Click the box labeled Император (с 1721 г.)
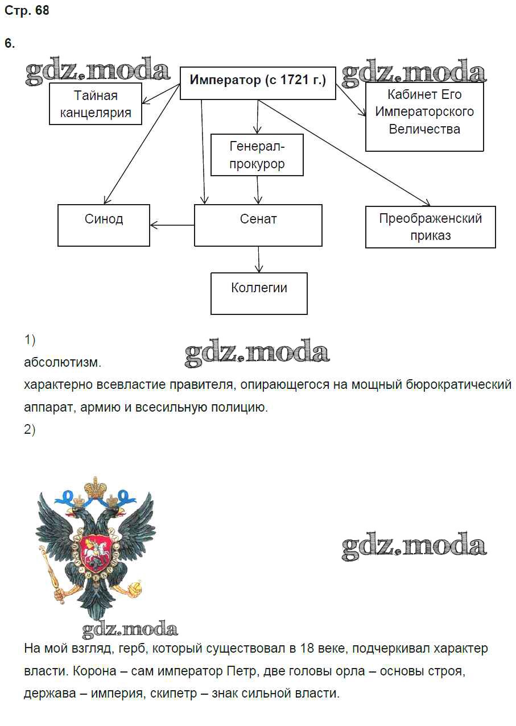(258, 84)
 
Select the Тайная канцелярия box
(94, 104)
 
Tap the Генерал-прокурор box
(257, 155)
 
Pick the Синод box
(104, 225)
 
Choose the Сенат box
(258, 225)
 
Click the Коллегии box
(259, 293)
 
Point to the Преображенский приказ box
(430, 227)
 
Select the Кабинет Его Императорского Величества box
(424, 117)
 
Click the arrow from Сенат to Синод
(172, 225)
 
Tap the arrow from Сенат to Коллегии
(259, 259)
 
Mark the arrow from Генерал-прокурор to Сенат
(258, 190)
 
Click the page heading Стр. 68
(27, 11)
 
